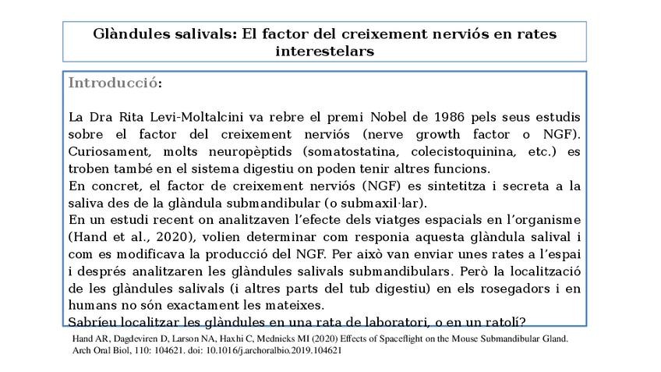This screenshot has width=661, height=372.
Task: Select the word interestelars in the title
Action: pos(324,51)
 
